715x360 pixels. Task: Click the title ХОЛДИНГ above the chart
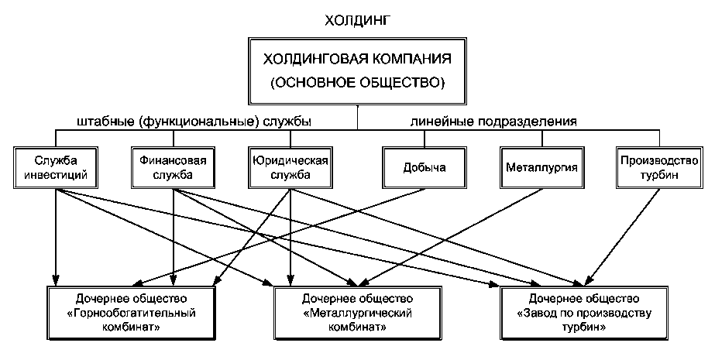(356, 16)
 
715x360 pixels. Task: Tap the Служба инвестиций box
(57, 166)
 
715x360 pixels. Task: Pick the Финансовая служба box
(173, 166)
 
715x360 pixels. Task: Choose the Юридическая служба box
(291, 166)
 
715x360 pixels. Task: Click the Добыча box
(425, 166)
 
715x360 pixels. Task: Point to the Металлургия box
(541, 166)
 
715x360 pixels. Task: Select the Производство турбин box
(658, 166)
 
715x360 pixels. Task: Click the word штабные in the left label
(103, 122)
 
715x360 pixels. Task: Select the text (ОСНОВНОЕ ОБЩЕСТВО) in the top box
(356, 81)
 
